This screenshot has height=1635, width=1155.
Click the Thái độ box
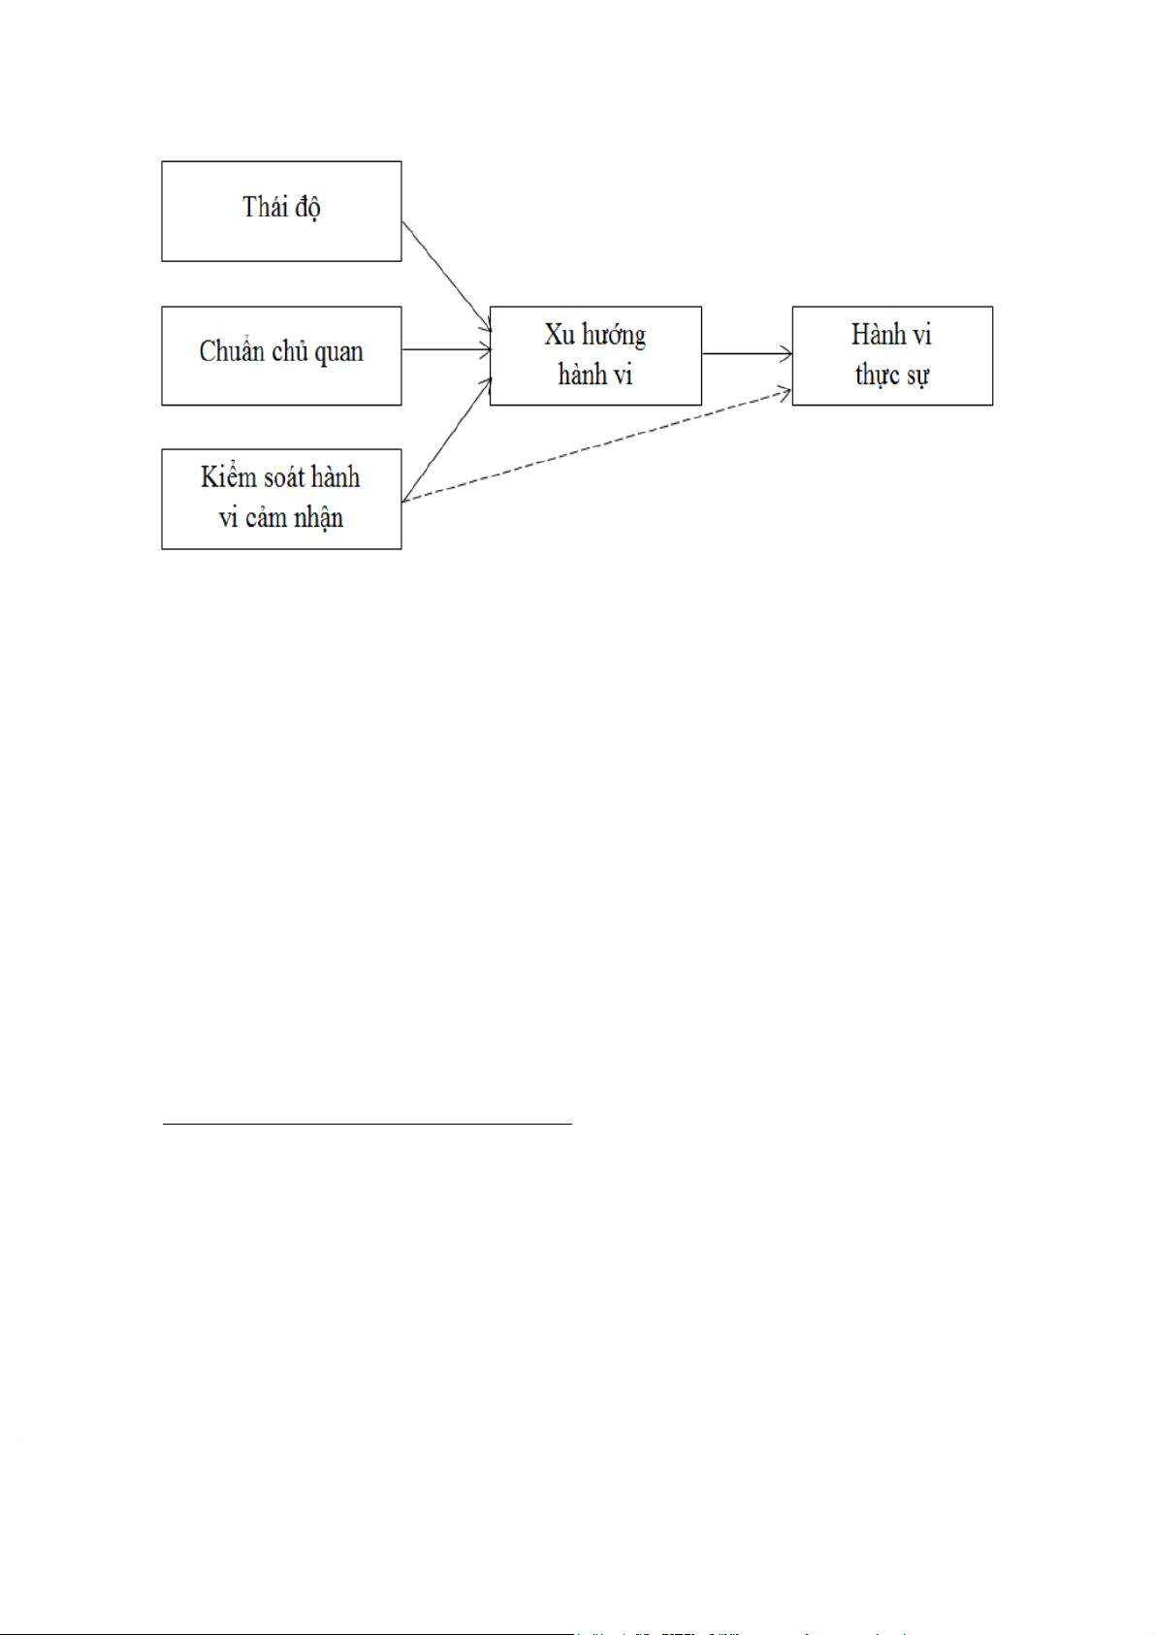click(x=281, y=211)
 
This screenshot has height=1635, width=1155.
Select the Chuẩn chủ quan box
click(x=281, y=355)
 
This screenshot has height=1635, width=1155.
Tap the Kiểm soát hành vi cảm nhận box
click(x=281, y=499)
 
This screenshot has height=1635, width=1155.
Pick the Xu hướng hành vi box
click(x=595, y=355)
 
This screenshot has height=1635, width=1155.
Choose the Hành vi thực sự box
click(x=892, y=355)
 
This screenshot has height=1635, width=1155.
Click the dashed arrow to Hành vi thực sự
click(x=596, y=446)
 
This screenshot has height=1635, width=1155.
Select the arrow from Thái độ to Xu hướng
click(x=446, y=276)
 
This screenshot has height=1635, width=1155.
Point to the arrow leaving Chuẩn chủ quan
click(x=446, y=349)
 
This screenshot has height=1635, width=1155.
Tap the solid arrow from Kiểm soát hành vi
click(x=447, y=439)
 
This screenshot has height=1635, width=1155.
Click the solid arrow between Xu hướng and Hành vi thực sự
click(x=747, y=354)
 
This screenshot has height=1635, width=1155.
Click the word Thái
click(x=261, y=207)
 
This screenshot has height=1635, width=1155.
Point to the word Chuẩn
click(x=232, y=351)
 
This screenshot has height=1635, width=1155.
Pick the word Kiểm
click(x=228, y=476)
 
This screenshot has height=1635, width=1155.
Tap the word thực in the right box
click(x=877, y=376)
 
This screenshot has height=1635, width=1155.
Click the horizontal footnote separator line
click(x=367, y=1124)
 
